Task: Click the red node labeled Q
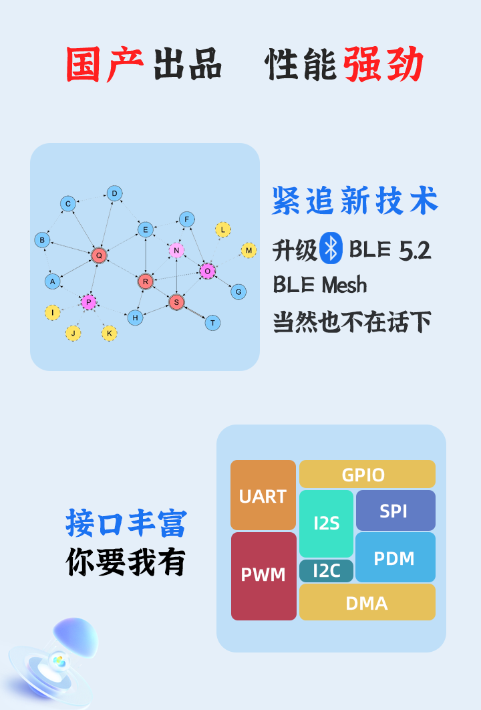pyautogui.click(x=99, y=255)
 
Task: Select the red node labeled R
pyautogui.click(x=146, y=281)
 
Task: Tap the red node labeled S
pyautogui.click(x=176, y=302)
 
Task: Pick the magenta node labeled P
pyautogui.click(x=89, y=302)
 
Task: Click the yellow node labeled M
pyautogui.click(x=249, y=251)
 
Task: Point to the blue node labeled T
pyautogui.click(x=212, y=323)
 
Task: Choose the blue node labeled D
pyautogui.click(x=114, y=194)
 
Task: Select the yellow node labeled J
pyautogui.click(x=73, y=333)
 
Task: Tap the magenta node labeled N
pyautogui.click(x=176, y=250)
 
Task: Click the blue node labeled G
pyautogui.click(x=238, y=291)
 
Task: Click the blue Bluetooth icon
pyautogui.click(x=331, y=249)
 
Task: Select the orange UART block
pyautogui.click(x=263, y=495)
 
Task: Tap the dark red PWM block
pyautogui.click(x=263, y=575)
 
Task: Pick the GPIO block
pyautogui.click(x=367, y=474)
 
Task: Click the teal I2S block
pyautogui.click(x=326, y=523)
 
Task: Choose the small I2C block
pyautogui.click(x=326, y=571)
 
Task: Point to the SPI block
pyautogui.click(x=395, y=511)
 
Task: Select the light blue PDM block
pyautogui.click(x=395, y=558)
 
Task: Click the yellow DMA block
pyautogui.click(x=367, y=602)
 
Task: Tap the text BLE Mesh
pyautogui.click(x=320, y=285)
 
